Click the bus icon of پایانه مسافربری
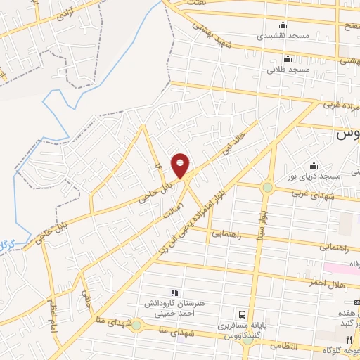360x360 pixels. point(242,314)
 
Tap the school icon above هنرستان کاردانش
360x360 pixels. point(174,292)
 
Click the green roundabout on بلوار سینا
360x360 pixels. point(267,187)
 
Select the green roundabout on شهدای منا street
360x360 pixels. point(136,325)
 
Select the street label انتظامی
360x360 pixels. point(304,347)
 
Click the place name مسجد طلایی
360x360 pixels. point(288,71)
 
